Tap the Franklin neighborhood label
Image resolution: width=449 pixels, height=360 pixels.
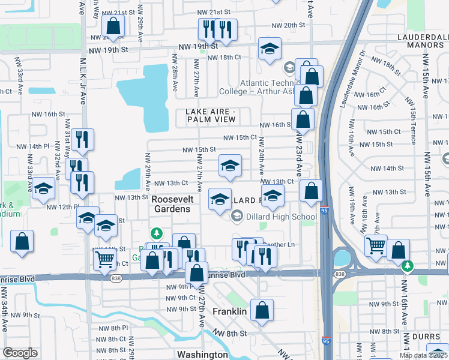click(230, 312)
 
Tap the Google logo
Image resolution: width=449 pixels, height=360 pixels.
click(20, 353)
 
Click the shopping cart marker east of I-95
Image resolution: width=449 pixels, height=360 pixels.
click(376, 245)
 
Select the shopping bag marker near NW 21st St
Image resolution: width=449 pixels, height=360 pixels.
click(112, 26)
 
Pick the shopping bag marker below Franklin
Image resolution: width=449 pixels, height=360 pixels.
click(262, 311)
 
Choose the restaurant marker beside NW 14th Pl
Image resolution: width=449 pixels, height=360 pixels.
click(82, 140)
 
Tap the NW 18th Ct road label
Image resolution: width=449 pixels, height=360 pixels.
click(224, 58)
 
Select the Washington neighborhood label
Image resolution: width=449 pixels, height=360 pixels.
click(202, 355)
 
